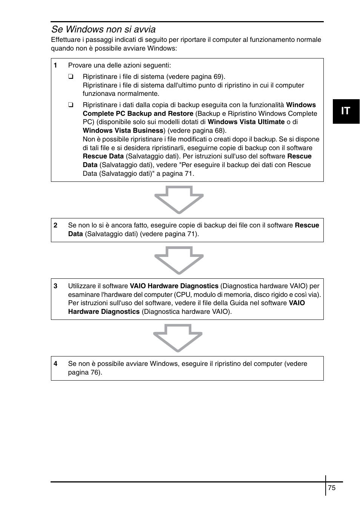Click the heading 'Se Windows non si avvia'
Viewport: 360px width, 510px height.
pos(103,29)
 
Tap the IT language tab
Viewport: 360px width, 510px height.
pos(346,111)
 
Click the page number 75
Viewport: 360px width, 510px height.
pos(332,488)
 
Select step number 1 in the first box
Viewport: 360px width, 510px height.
pos(55,65)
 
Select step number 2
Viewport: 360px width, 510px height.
pos(55,225)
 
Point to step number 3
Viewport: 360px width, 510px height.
pos(55,286)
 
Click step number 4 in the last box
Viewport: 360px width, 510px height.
pos(55,364)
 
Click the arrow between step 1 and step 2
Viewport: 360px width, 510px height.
pos(179,200)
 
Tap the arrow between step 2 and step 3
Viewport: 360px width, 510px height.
pos(179,260)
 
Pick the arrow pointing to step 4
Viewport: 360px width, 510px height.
pos(178,338)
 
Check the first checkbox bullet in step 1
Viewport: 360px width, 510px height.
pos(71,77)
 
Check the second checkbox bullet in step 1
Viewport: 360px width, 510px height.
pos(71,105)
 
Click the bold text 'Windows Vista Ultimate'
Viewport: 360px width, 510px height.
pos(246,122)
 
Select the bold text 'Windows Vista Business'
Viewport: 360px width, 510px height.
pos(123,131)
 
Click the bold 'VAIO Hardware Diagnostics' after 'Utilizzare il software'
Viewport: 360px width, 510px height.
pos(174,286)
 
